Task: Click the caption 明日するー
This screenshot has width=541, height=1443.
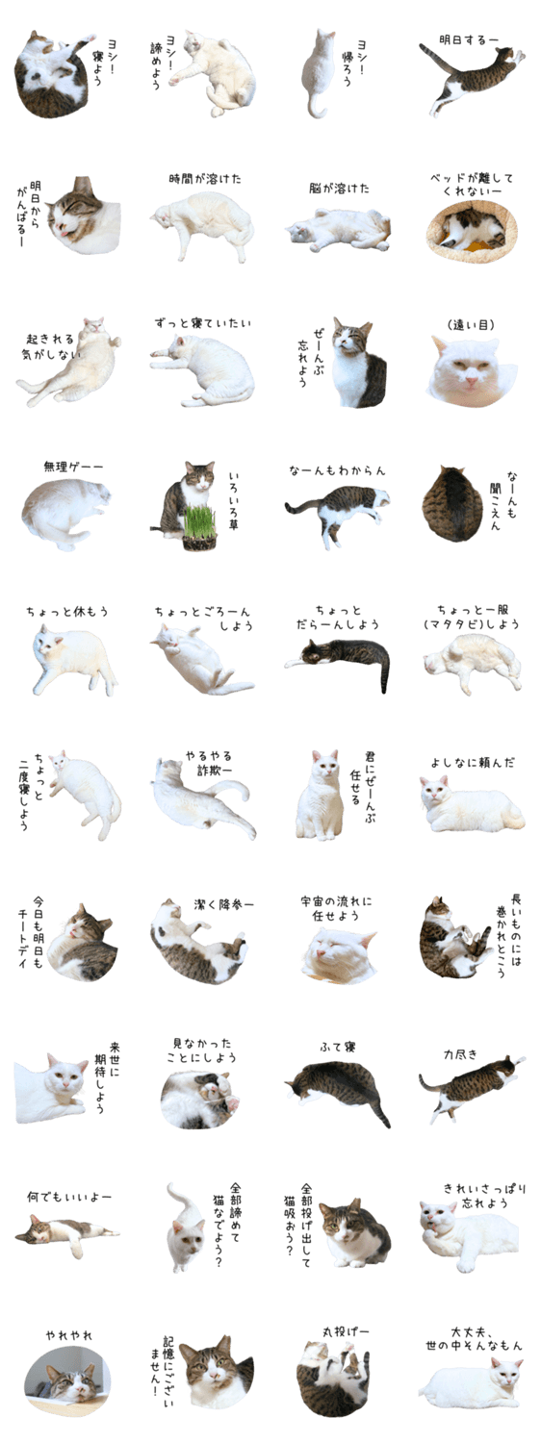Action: (469, 40)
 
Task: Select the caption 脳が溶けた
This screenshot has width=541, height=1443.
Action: (339, 189)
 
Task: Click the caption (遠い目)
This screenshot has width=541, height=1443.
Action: (472, 325)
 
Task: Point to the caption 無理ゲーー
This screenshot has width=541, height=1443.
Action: (73, 466)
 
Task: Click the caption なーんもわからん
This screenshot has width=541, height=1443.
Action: (337, 470)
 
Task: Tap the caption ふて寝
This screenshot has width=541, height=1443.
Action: (337, 1048)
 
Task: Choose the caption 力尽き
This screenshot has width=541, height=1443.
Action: (460, 1054)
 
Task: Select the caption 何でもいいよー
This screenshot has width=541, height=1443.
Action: (69, 1197)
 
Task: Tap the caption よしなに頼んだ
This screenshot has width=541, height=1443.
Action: (473, 763)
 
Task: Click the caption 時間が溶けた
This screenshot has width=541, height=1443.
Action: (205, 178)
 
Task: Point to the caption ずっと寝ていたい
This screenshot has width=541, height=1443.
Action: (202, 322)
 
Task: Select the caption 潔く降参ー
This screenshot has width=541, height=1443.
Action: (223, 905)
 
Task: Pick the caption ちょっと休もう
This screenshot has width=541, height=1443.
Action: (67, 611)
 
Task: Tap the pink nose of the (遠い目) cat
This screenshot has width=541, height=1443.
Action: (472, 381)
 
